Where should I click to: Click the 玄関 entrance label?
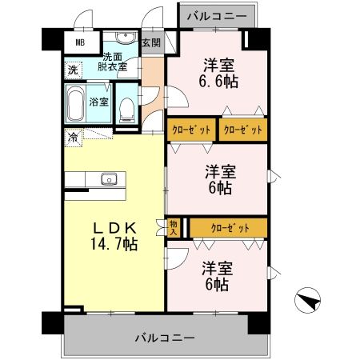pos(151,43)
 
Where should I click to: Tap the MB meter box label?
pos(81,43)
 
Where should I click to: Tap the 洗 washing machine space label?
pos(73,70)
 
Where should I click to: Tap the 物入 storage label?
pos(174,228)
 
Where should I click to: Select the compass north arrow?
pos(309,301)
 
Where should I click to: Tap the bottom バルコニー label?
pos(165,338)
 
